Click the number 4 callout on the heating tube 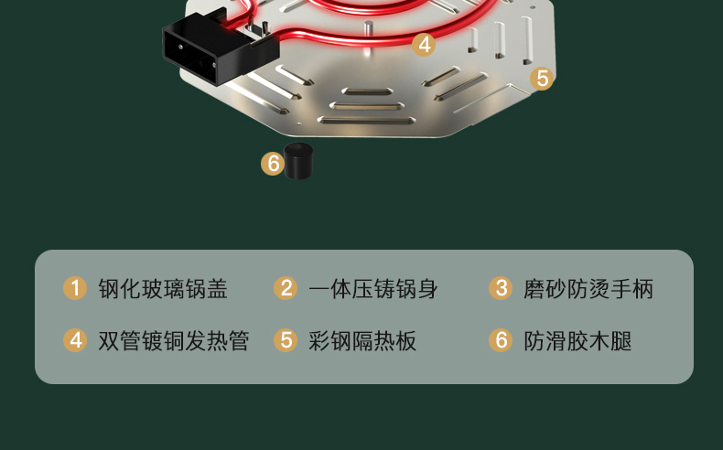[424, 45]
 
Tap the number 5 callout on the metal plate [542, 79]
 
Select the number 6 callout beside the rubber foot [273, 164]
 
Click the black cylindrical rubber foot [298, 161]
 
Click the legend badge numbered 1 [75, 288]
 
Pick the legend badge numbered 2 [286, 288]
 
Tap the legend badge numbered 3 [501, 288]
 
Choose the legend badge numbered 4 [75, 340]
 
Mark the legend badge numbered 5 [286, 340]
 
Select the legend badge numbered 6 [501, 340]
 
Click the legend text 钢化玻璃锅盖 [163, 289]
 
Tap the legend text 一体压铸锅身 [373, 289]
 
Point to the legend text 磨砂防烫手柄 [588, 289]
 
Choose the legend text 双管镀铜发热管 [174, 341]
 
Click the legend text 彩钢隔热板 [362, 341]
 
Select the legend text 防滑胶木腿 [577, 341]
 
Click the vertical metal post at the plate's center [368, 28]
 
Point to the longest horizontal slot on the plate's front [367, 121]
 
